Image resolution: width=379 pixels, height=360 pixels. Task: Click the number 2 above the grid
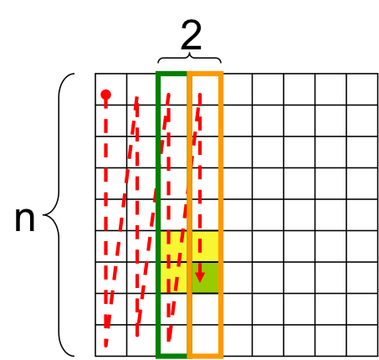pos(192,35)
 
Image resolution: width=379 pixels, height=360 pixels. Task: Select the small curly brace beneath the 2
pos(190,58)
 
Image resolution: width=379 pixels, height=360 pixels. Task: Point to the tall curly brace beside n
pos(59,215)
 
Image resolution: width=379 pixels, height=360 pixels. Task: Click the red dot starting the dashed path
pos(106,95)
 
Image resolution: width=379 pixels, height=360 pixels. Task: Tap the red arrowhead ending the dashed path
pos(200,277)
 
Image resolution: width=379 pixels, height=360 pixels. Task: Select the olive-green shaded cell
pos(205,278)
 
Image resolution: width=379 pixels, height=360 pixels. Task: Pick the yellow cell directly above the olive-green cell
pos(205,246)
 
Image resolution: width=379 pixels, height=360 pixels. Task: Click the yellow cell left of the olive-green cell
pos(174,278)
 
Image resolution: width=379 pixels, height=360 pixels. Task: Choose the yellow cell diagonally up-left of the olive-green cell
pos(174,246)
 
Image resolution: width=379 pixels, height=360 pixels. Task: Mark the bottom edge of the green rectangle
pos(172,356)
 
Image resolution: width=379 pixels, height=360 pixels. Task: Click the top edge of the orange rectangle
pos(205,74)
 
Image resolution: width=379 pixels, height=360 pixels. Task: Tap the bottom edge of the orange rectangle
pos(205,356)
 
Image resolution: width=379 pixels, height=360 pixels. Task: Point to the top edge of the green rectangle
pos(172,74)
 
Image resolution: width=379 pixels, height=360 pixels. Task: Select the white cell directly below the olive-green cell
pos(205,309)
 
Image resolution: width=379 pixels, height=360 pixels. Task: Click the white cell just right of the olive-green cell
pos(238,278)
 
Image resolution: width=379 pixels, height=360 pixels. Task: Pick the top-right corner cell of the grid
pos(362,90)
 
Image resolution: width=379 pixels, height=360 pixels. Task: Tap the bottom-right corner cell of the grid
pos(362,341)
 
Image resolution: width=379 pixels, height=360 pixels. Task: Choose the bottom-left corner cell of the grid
pos(111,341)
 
